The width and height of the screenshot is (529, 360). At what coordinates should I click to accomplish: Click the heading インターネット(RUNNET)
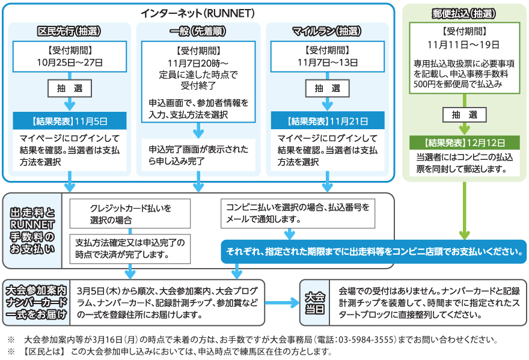pyautogui.click(x=198, y=13)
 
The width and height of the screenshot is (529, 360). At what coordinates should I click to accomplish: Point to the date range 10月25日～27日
pyautogui.click(x=70, y=62)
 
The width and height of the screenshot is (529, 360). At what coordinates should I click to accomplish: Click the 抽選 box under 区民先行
pyautogui.click(x=70, y=88)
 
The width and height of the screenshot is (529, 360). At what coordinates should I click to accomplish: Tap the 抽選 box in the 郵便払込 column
pyautogui.click(x=463, y=115)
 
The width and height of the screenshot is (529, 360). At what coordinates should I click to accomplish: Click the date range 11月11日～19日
pyautogui.click(x=463, y=44)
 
